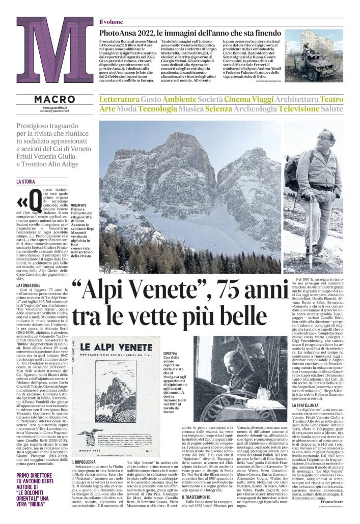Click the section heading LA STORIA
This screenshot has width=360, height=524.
pyautogui.click(x=25, y=181)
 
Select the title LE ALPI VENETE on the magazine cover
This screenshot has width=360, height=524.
pyautogui.click(x=116, y=347)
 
